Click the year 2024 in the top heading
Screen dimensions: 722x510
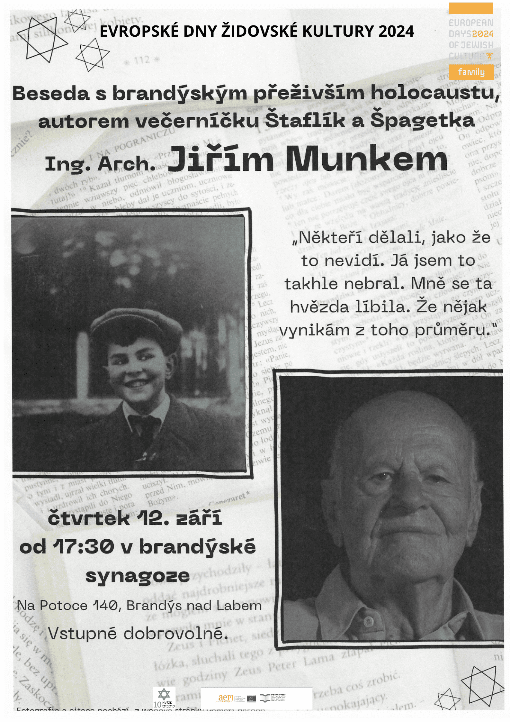396,32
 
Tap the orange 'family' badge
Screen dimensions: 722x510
471,72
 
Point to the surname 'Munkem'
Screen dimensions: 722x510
366,159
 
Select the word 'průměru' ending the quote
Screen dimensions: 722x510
450,330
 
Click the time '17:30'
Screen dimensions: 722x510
84,546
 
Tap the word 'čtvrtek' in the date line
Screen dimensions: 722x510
89,518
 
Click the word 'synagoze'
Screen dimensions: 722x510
138,576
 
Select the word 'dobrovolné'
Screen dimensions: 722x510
175,633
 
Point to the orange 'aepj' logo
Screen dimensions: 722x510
225,698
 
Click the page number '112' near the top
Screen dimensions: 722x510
142,60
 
